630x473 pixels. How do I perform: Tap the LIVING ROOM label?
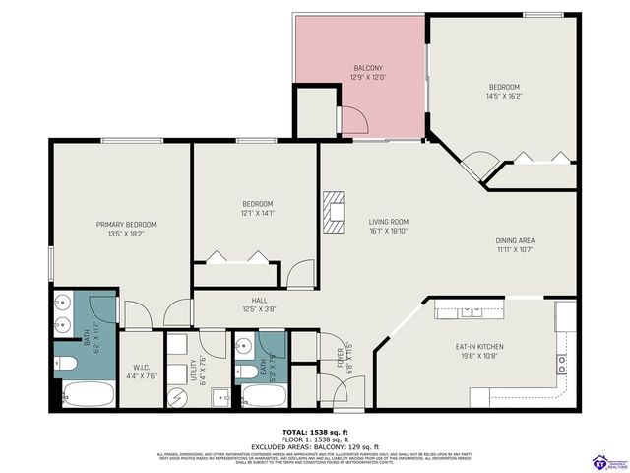pos(389,222)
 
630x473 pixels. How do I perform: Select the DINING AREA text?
pos(515,239)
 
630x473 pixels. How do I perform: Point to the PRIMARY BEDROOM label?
pos(126,224)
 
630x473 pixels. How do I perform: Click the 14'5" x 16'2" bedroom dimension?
pos(502,96)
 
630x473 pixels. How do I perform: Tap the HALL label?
pos(259,304)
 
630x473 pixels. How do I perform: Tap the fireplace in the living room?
pos(335,211)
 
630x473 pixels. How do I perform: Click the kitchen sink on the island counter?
pos(470,312)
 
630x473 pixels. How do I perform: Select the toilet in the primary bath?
pos(65,363)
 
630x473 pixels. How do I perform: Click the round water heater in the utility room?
pos(179,395)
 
